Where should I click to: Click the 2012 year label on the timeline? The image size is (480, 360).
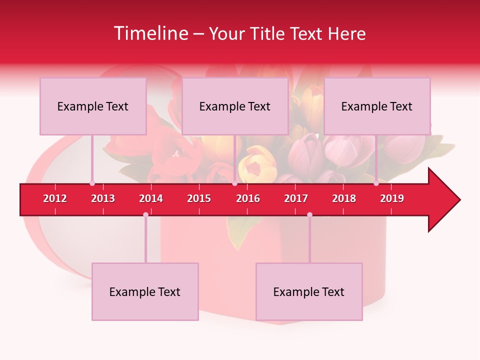pos(55,198)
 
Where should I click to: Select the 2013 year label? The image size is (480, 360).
pos(103,198)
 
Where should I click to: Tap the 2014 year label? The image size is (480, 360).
pos(151,198)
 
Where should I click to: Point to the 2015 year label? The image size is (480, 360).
pos(199,198)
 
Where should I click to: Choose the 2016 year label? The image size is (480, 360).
pos(248,198)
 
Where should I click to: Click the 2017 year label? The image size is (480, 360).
pos(296,198)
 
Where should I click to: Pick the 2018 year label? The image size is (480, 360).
pos(344,198)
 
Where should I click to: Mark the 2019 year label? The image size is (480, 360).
pos(392,198)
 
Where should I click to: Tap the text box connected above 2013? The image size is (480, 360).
pos(93,106)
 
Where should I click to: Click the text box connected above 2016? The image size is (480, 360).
pos(235,106)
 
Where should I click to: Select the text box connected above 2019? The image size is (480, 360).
pos(377,106)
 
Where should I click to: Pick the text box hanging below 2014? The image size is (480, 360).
pos(145,291)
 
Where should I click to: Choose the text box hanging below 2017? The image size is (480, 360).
pos(309,291)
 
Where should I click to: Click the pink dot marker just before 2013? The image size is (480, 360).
pos(92,183)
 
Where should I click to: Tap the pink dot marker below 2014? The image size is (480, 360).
pos(145,214)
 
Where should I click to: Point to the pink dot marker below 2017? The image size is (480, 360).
pos(309,214)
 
